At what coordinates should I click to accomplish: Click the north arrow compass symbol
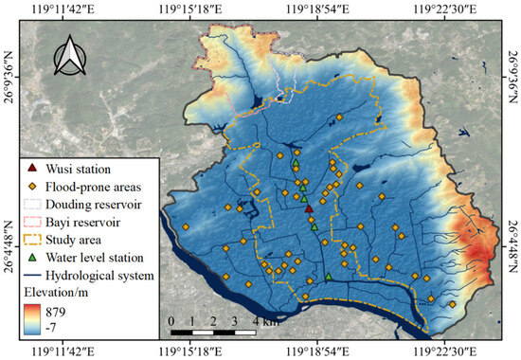(x=69, y=59)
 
